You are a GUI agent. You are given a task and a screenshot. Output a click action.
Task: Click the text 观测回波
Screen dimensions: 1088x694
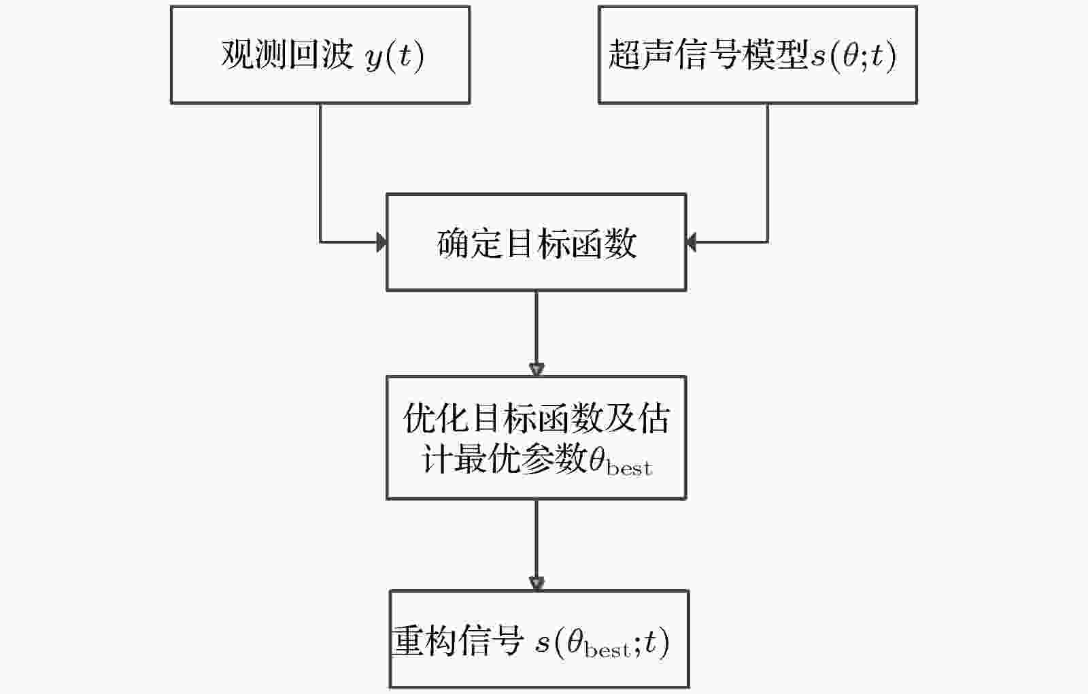pyautogui.click(x=287, y=54)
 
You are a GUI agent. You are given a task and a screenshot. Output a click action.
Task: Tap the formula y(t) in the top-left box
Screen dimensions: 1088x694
pyautogui.click(x=395, y=56)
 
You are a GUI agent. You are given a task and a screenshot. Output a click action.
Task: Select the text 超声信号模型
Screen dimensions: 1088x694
pyautogui.click(x=708, y=54)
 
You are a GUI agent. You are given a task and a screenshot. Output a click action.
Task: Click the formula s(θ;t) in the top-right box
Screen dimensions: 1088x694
pyautogui.click(x=853, y=56)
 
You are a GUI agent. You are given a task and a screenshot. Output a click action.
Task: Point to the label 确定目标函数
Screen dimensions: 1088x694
pyautogui.click(x=537, y=243)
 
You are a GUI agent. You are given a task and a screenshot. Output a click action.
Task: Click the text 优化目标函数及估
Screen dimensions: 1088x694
pyautogui.click(x=537, y=418)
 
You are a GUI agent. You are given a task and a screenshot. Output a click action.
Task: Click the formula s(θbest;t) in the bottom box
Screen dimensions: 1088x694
pyautogui.click(x=602, y=642)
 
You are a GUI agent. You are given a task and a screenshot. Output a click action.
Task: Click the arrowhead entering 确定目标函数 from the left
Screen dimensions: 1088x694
pyautogui.click(x=381, y=242)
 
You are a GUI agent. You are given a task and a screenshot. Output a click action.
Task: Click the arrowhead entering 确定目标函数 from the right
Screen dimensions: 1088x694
pyautogui.click(x=691, y=242)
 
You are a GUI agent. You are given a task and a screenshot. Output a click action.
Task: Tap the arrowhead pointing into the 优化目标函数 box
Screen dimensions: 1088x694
pyautogui.click(x=537, y=370)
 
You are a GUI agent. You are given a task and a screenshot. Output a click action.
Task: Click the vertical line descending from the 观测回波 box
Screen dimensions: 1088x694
pyautogui.click(x=320, y=173)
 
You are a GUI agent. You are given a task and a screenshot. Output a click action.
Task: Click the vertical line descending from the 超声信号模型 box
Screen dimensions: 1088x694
pyautogui.click(x=768, y=173)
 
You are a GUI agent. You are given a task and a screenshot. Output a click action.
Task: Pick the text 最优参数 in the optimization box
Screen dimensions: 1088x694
pyautogui.click(x=522, y=459)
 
